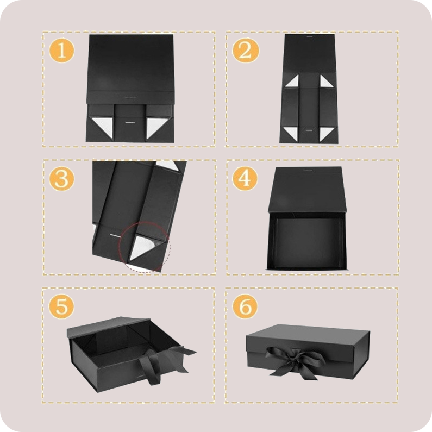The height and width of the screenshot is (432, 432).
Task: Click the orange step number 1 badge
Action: pyautogui.click(x=62, y=51)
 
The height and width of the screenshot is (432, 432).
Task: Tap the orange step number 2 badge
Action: pyautogui.click(x=246, y=51)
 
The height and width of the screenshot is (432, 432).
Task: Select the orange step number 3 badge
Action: pyautogui.click(x=62, y=178)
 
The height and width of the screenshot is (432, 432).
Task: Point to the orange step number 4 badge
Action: pyautogui.click(x=245, y=178)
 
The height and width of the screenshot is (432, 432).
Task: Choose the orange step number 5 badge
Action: pyautogui.click(x=62, y=306)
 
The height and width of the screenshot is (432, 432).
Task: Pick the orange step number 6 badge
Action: pyautogui.click(x=245, y=306)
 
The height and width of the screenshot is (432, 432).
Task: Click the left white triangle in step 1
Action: pyautogui.click(x=103, y=126)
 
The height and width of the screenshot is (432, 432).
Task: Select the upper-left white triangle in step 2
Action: pyautogui.click(x=292, y=81)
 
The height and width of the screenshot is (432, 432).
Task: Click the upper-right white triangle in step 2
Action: pyautogui.click(x=327, y=81)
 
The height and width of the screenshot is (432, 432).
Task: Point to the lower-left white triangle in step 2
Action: pyautogui.click(x=291, y=133)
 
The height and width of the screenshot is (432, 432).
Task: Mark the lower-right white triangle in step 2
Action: pyautogui.click(x=327, y=134)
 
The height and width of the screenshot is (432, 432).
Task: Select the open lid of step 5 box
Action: pyautogui.click(x=107, y=326)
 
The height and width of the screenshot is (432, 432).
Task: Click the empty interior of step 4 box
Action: pyautogui.click(x=306, y=242)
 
